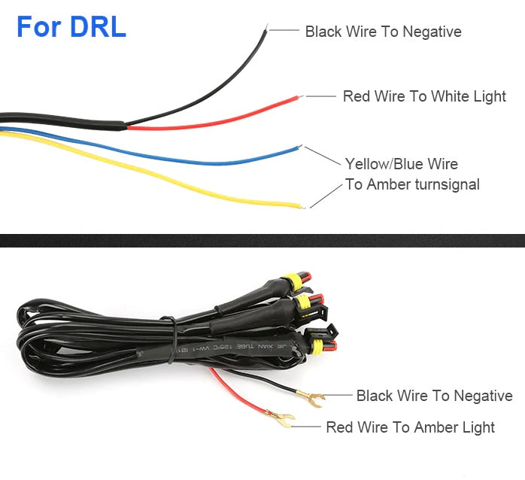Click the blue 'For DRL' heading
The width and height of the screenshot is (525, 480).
click(71, 27)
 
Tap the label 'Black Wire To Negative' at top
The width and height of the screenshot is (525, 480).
click(383, 32)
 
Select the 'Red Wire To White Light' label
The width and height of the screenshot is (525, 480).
click(424, 96)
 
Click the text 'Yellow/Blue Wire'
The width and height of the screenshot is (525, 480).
click(401, 164)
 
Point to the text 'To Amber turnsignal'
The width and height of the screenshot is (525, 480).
click(411, 184)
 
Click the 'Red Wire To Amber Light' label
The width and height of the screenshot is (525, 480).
click(410, 427)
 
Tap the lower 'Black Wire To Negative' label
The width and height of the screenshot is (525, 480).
click(434, 396)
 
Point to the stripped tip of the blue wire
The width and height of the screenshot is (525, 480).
click(301, 147)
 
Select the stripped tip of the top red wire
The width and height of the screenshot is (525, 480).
click(300, 96)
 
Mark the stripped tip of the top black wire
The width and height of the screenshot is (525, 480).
click(266, 29)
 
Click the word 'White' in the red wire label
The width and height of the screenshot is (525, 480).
click(450, 96)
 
